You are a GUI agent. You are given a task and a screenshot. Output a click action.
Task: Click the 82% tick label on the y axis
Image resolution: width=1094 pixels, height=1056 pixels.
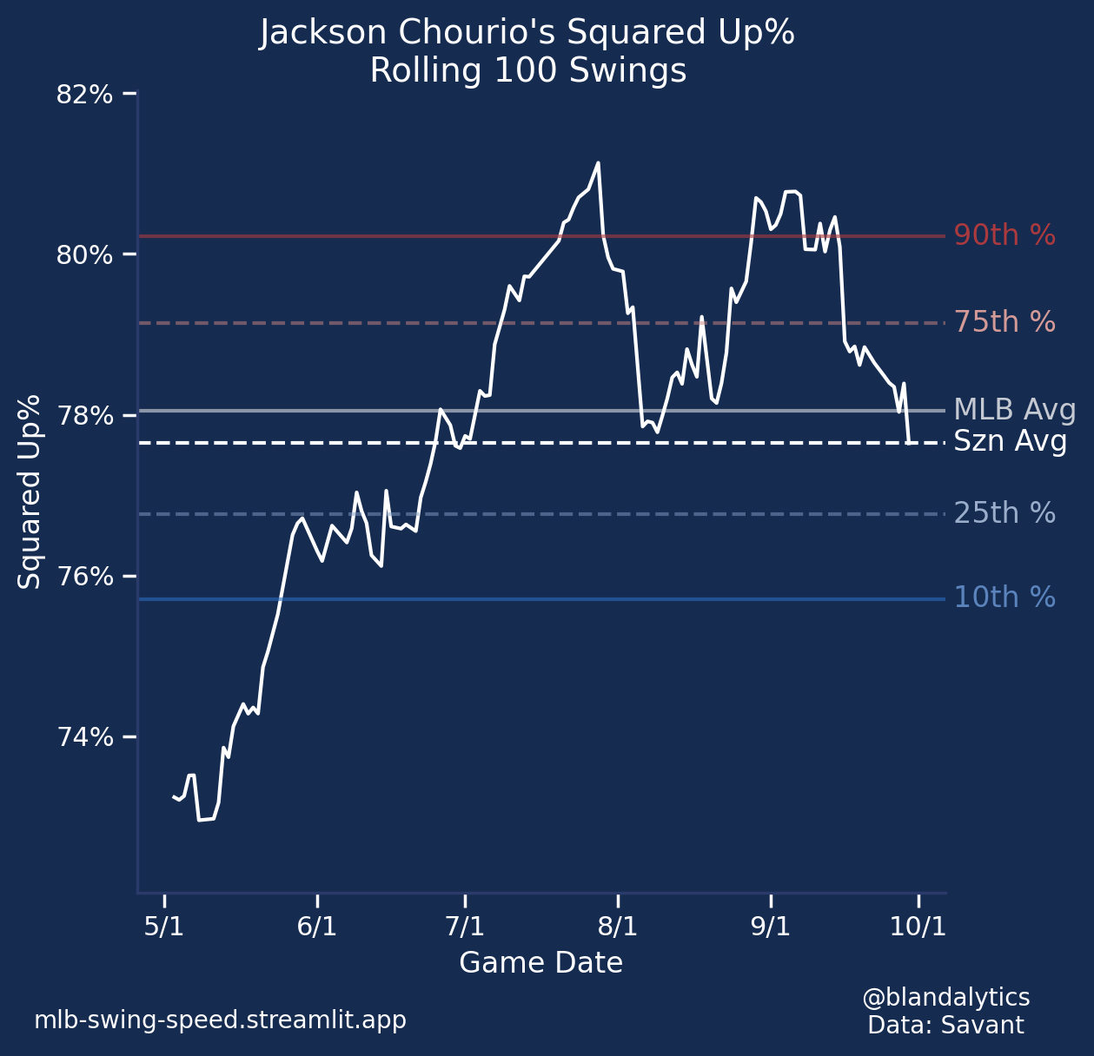[84, 94]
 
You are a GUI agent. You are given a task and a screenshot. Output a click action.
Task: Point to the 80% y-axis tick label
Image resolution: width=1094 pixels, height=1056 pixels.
[84, 255]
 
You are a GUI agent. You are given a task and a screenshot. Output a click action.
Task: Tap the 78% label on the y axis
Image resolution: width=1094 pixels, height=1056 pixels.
[84, 416]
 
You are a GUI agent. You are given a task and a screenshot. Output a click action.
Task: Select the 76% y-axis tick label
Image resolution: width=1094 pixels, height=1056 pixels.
[84, 577]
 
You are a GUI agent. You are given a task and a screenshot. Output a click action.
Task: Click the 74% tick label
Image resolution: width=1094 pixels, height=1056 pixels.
[84, 737]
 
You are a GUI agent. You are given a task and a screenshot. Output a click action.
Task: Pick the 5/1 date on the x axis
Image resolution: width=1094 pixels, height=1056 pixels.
[163, 927]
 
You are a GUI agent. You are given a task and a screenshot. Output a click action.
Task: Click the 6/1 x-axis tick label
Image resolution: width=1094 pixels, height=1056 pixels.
[316, 927]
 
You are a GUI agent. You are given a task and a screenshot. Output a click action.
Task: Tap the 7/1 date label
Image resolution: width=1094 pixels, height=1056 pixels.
[465, 927]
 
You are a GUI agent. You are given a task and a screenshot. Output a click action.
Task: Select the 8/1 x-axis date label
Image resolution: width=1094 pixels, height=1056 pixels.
[618, 927]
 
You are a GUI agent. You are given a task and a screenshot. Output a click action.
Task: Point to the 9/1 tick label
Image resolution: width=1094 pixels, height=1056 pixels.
[770, 927]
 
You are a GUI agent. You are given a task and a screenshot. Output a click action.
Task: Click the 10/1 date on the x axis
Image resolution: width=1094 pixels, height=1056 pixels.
[918, 927]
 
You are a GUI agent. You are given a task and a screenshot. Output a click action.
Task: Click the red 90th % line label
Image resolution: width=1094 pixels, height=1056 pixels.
[1004, 235]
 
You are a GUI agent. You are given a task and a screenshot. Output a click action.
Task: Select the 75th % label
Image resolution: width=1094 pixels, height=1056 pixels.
[1004, 322]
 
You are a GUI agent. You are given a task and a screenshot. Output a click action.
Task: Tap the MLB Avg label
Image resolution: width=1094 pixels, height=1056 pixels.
[1015, 410]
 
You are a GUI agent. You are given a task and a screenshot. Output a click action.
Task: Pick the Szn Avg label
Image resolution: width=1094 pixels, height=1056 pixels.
[1011, 442]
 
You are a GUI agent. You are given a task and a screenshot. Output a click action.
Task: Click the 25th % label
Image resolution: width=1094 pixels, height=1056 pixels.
[1004, 514]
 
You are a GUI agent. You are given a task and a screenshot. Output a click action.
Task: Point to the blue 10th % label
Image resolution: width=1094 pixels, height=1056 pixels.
[1004, 597]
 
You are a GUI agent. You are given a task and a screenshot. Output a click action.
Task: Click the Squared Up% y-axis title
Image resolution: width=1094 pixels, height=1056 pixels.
[30, 492]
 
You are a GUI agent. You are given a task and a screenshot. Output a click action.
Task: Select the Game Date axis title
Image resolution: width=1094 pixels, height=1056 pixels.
[540, 963]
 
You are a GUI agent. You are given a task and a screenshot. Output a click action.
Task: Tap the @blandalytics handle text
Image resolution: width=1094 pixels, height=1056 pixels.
[945, 997]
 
